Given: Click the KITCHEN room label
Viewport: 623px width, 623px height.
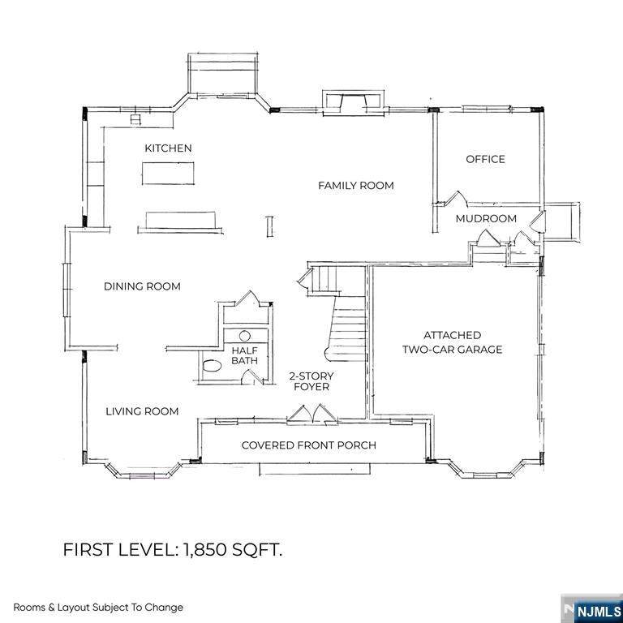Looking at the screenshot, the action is click(x=168, y=148).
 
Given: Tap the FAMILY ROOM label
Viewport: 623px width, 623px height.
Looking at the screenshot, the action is click(x=356, y=186).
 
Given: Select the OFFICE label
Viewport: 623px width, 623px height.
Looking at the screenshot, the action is click(x=485, y=159).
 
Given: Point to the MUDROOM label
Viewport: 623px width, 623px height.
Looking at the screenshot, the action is click(x=486, y=218).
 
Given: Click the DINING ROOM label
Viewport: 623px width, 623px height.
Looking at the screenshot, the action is click(x=142, y=286).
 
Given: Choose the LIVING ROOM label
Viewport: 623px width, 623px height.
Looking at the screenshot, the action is click(x=142, y=411).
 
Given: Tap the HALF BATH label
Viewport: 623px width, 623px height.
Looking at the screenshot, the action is click(x=245, y=355).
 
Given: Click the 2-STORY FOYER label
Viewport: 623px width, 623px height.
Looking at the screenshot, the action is click(x=311, y=381).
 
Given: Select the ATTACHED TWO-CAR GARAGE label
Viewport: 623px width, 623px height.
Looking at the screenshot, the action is click(x=452, y=342).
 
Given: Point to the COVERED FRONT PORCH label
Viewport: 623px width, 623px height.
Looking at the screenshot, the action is click(x=309, y=445).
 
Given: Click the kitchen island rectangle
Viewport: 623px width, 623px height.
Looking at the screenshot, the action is click(x=168, y=174).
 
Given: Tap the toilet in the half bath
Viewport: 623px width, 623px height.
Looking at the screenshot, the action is click(x=212, y=366).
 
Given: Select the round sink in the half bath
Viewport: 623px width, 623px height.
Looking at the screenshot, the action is click(x=245, y=336).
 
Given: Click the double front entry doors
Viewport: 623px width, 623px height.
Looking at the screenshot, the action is click(x=312, y=415).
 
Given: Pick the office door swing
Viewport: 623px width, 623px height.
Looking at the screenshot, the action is click(x=457, y=198).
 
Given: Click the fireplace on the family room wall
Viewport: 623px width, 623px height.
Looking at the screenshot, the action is click(x=353, y=103).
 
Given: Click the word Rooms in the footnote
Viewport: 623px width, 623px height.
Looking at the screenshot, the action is click(x=29, y=608).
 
